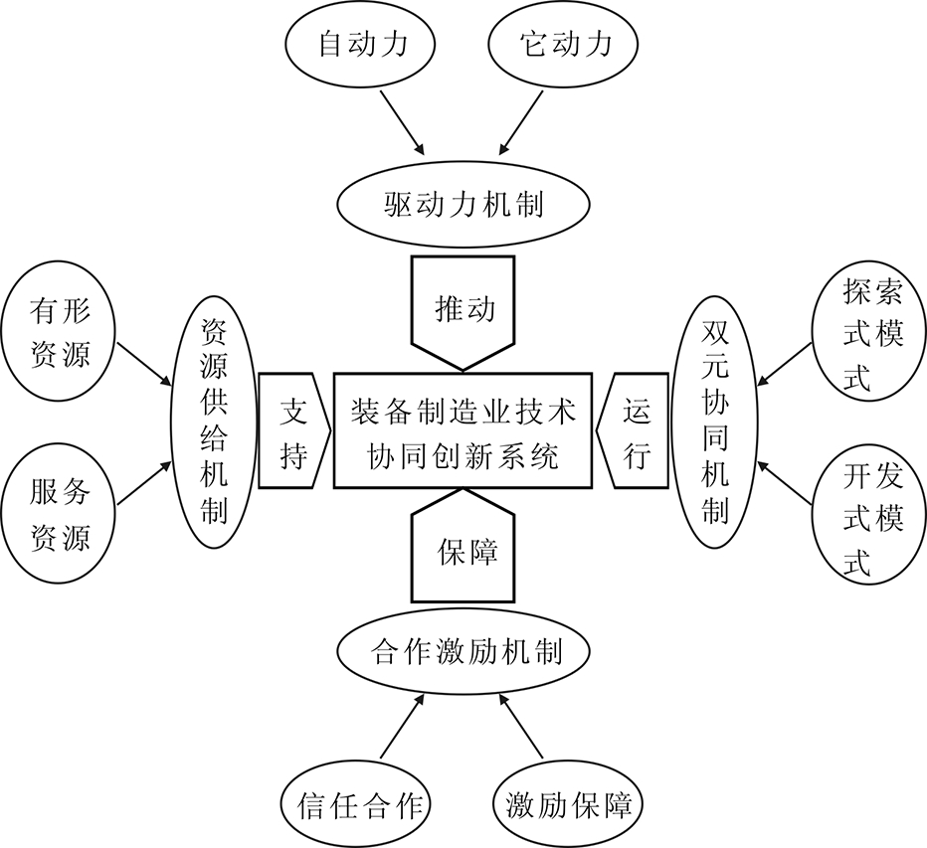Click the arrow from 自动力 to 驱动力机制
(x=402, y=122)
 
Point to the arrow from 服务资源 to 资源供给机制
(x=145, y=483)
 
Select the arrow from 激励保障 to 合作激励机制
(x=521, y=726)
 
